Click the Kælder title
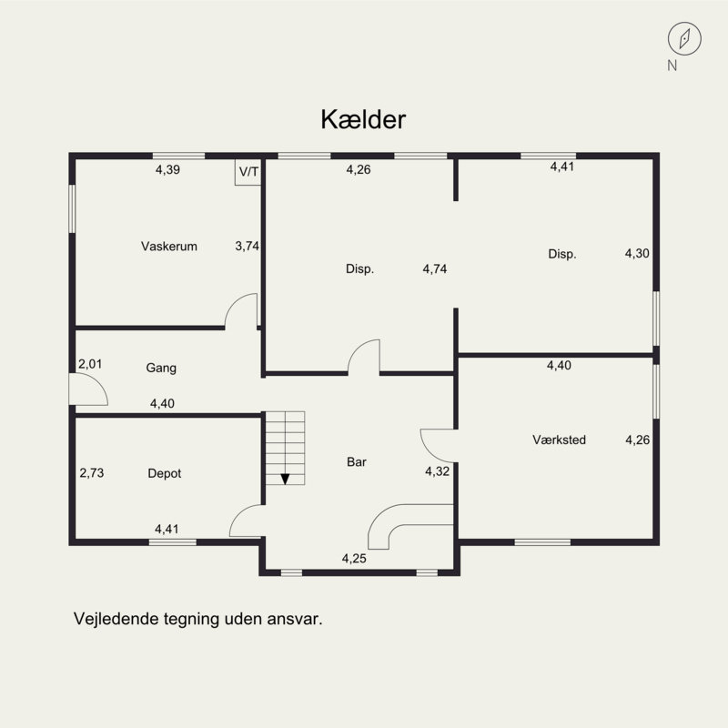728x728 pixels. [x=363, y=119]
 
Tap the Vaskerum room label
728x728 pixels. [x=169, y=246]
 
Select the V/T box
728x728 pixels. [x=248, y=172]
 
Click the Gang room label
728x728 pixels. [x=161, y=369]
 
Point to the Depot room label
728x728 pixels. [x=165, y=473]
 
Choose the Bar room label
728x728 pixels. [x=357, y=462]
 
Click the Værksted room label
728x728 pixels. [x=559, y=440]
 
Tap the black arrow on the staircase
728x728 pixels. [x=285, y=480]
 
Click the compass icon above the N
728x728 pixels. [x=684, y=39]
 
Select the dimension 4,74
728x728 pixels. [x=435, y=268]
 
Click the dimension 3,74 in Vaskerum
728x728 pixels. [x=247, y=246]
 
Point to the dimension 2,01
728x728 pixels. [x=90, y=364]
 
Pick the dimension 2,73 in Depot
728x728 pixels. [x=92, y=473]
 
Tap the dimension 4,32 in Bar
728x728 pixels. [x=438, y=471]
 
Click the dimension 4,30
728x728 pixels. [x=637, y=254]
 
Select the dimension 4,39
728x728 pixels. [x=167, y=170]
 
